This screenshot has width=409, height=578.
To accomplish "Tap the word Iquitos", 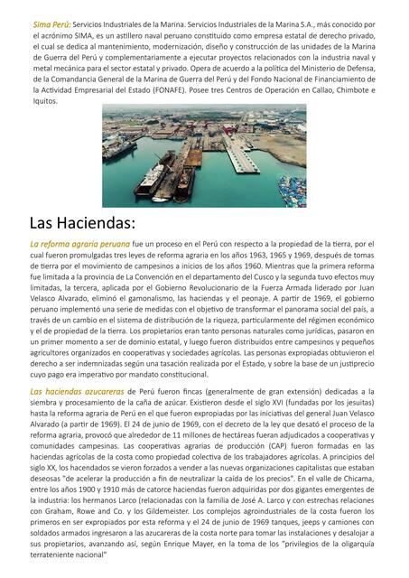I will (45, 101).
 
